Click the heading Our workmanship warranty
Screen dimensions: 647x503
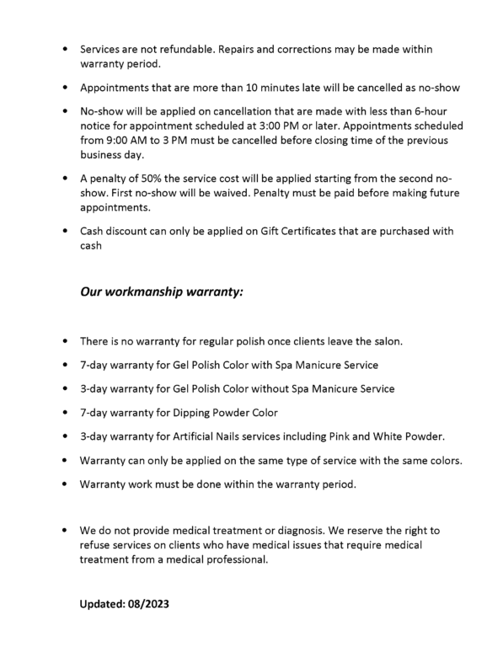coord(162,292)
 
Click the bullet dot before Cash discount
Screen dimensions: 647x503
coord(65,231)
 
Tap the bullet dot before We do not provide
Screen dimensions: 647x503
coord(65,532)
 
